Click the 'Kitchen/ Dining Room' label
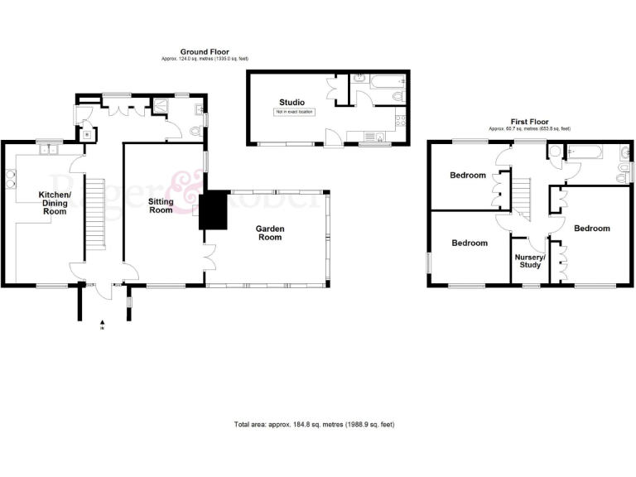pos(55,204)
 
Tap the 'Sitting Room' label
pos(161,205)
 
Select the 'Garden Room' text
pos(269,232)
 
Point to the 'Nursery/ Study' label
pos(529,260)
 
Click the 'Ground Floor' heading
pos(205,53)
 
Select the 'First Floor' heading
pos(528,123)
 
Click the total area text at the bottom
pos(314,425)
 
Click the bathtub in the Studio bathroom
pos(385,81)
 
